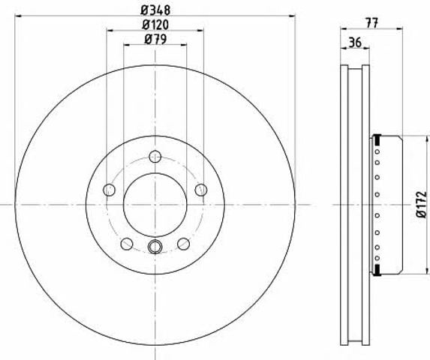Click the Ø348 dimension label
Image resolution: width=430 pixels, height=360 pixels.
tap(155, 10)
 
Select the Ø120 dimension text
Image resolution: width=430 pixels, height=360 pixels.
tap(155, 25)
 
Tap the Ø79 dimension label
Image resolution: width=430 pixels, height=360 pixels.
tap(155, 40)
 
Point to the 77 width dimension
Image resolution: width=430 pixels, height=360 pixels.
tap(371, 22)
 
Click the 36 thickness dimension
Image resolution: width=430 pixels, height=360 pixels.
tap(356, 43)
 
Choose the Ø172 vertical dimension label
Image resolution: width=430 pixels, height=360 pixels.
tap(422, 205)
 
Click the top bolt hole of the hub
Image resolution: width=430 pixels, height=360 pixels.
tap(155, 157)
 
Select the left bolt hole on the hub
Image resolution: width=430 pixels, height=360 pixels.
tap(109, 190)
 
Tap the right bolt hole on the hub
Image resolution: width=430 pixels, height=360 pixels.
tap(201, 190)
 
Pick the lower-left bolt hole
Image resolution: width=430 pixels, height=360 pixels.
tap(127, 244)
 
